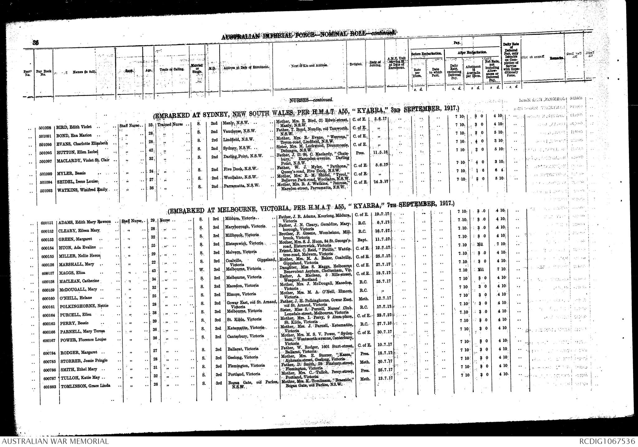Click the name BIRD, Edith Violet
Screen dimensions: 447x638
tap(74, 127)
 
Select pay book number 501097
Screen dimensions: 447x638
tap(46, 161)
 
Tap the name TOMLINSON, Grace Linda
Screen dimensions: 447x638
tap(84, 386)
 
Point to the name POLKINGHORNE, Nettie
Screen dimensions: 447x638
tap(84, 306)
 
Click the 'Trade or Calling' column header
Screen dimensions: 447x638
tap(171, 69)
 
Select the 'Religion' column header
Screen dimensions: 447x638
tap(356, 64)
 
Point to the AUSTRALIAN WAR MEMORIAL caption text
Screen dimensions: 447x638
tap(55, 441)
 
